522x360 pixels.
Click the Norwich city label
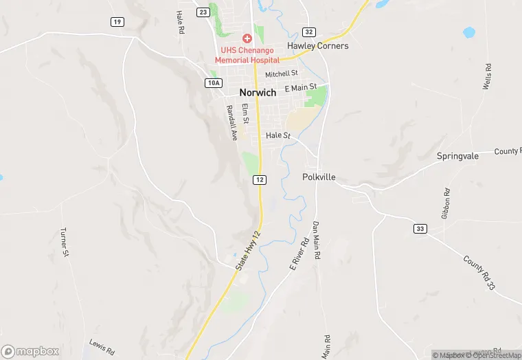click(x=258, y=92)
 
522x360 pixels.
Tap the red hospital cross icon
click(x=246, y=38)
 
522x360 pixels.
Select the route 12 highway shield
click(x=259, y=179)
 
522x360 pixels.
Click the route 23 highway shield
click(x=203, y=12)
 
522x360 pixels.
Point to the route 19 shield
click(x=117, y=22)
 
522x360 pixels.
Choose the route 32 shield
click(x=309, y=32)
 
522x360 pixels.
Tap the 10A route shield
click(x=214, y=82)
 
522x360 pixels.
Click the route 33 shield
click(x=420, y=227)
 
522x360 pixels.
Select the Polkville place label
click(x=319, y=177)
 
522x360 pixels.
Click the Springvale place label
click(x=457, y=156)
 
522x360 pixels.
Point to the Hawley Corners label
click(x=318, y=46)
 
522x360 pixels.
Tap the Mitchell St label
click(x=282, y=74)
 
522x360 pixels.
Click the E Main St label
click(x=300, y=87)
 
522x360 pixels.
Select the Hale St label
click(x=279, y=135)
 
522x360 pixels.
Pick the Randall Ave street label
click(x=231, y=123)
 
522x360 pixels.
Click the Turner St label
click(x=65, y=243)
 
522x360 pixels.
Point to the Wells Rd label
click(x=487, y=77)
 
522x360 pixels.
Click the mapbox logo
click(x=30, y=350)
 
